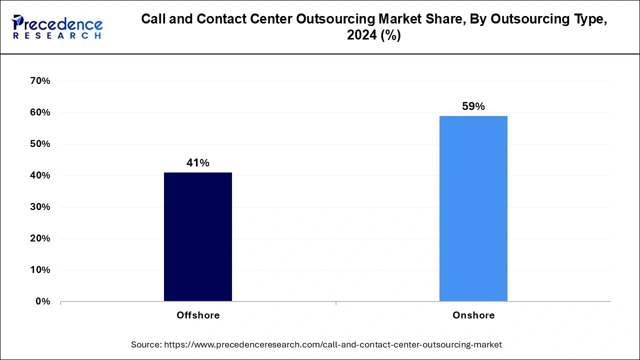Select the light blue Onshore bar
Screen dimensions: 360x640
pos(473,208)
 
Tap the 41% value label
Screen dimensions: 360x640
pos(197,163)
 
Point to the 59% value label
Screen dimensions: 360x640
pos(473,106)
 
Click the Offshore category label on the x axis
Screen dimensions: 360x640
pos(198,315)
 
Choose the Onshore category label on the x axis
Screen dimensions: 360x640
pos(473,315)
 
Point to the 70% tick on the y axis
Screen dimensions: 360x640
pos(40,81)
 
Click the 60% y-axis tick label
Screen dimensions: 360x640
pos(40,112)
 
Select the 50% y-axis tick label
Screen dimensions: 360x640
pos(40,144)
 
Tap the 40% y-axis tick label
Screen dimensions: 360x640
pos(40,175)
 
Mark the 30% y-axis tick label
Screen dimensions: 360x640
pos(40,207)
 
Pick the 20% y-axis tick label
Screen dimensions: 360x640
pos(40,238)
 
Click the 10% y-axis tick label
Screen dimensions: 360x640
pos(40,270)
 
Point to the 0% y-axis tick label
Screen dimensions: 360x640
pos(42,301)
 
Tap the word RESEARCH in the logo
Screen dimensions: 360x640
pos(57,36)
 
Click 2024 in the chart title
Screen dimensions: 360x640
pos(359,35)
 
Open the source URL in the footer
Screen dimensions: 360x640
pos(332,344)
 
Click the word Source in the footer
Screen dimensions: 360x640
pos(146,344)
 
